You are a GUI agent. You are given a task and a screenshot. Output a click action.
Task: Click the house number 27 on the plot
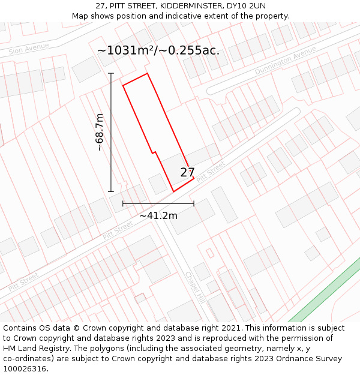point(187,173)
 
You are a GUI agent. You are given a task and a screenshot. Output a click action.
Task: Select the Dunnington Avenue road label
point(285,61)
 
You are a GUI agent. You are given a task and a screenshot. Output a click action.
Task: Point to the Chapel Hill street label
point(196,285)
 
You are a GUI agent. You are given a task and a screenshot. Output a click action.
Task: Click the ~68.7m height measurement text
point(100,132)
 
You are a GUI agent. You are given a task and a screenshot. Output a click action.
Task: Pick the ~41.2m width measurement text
point(158,215)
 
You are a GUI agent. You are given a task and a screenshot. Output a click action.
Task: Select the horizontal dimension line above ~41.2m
point(158,204)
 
